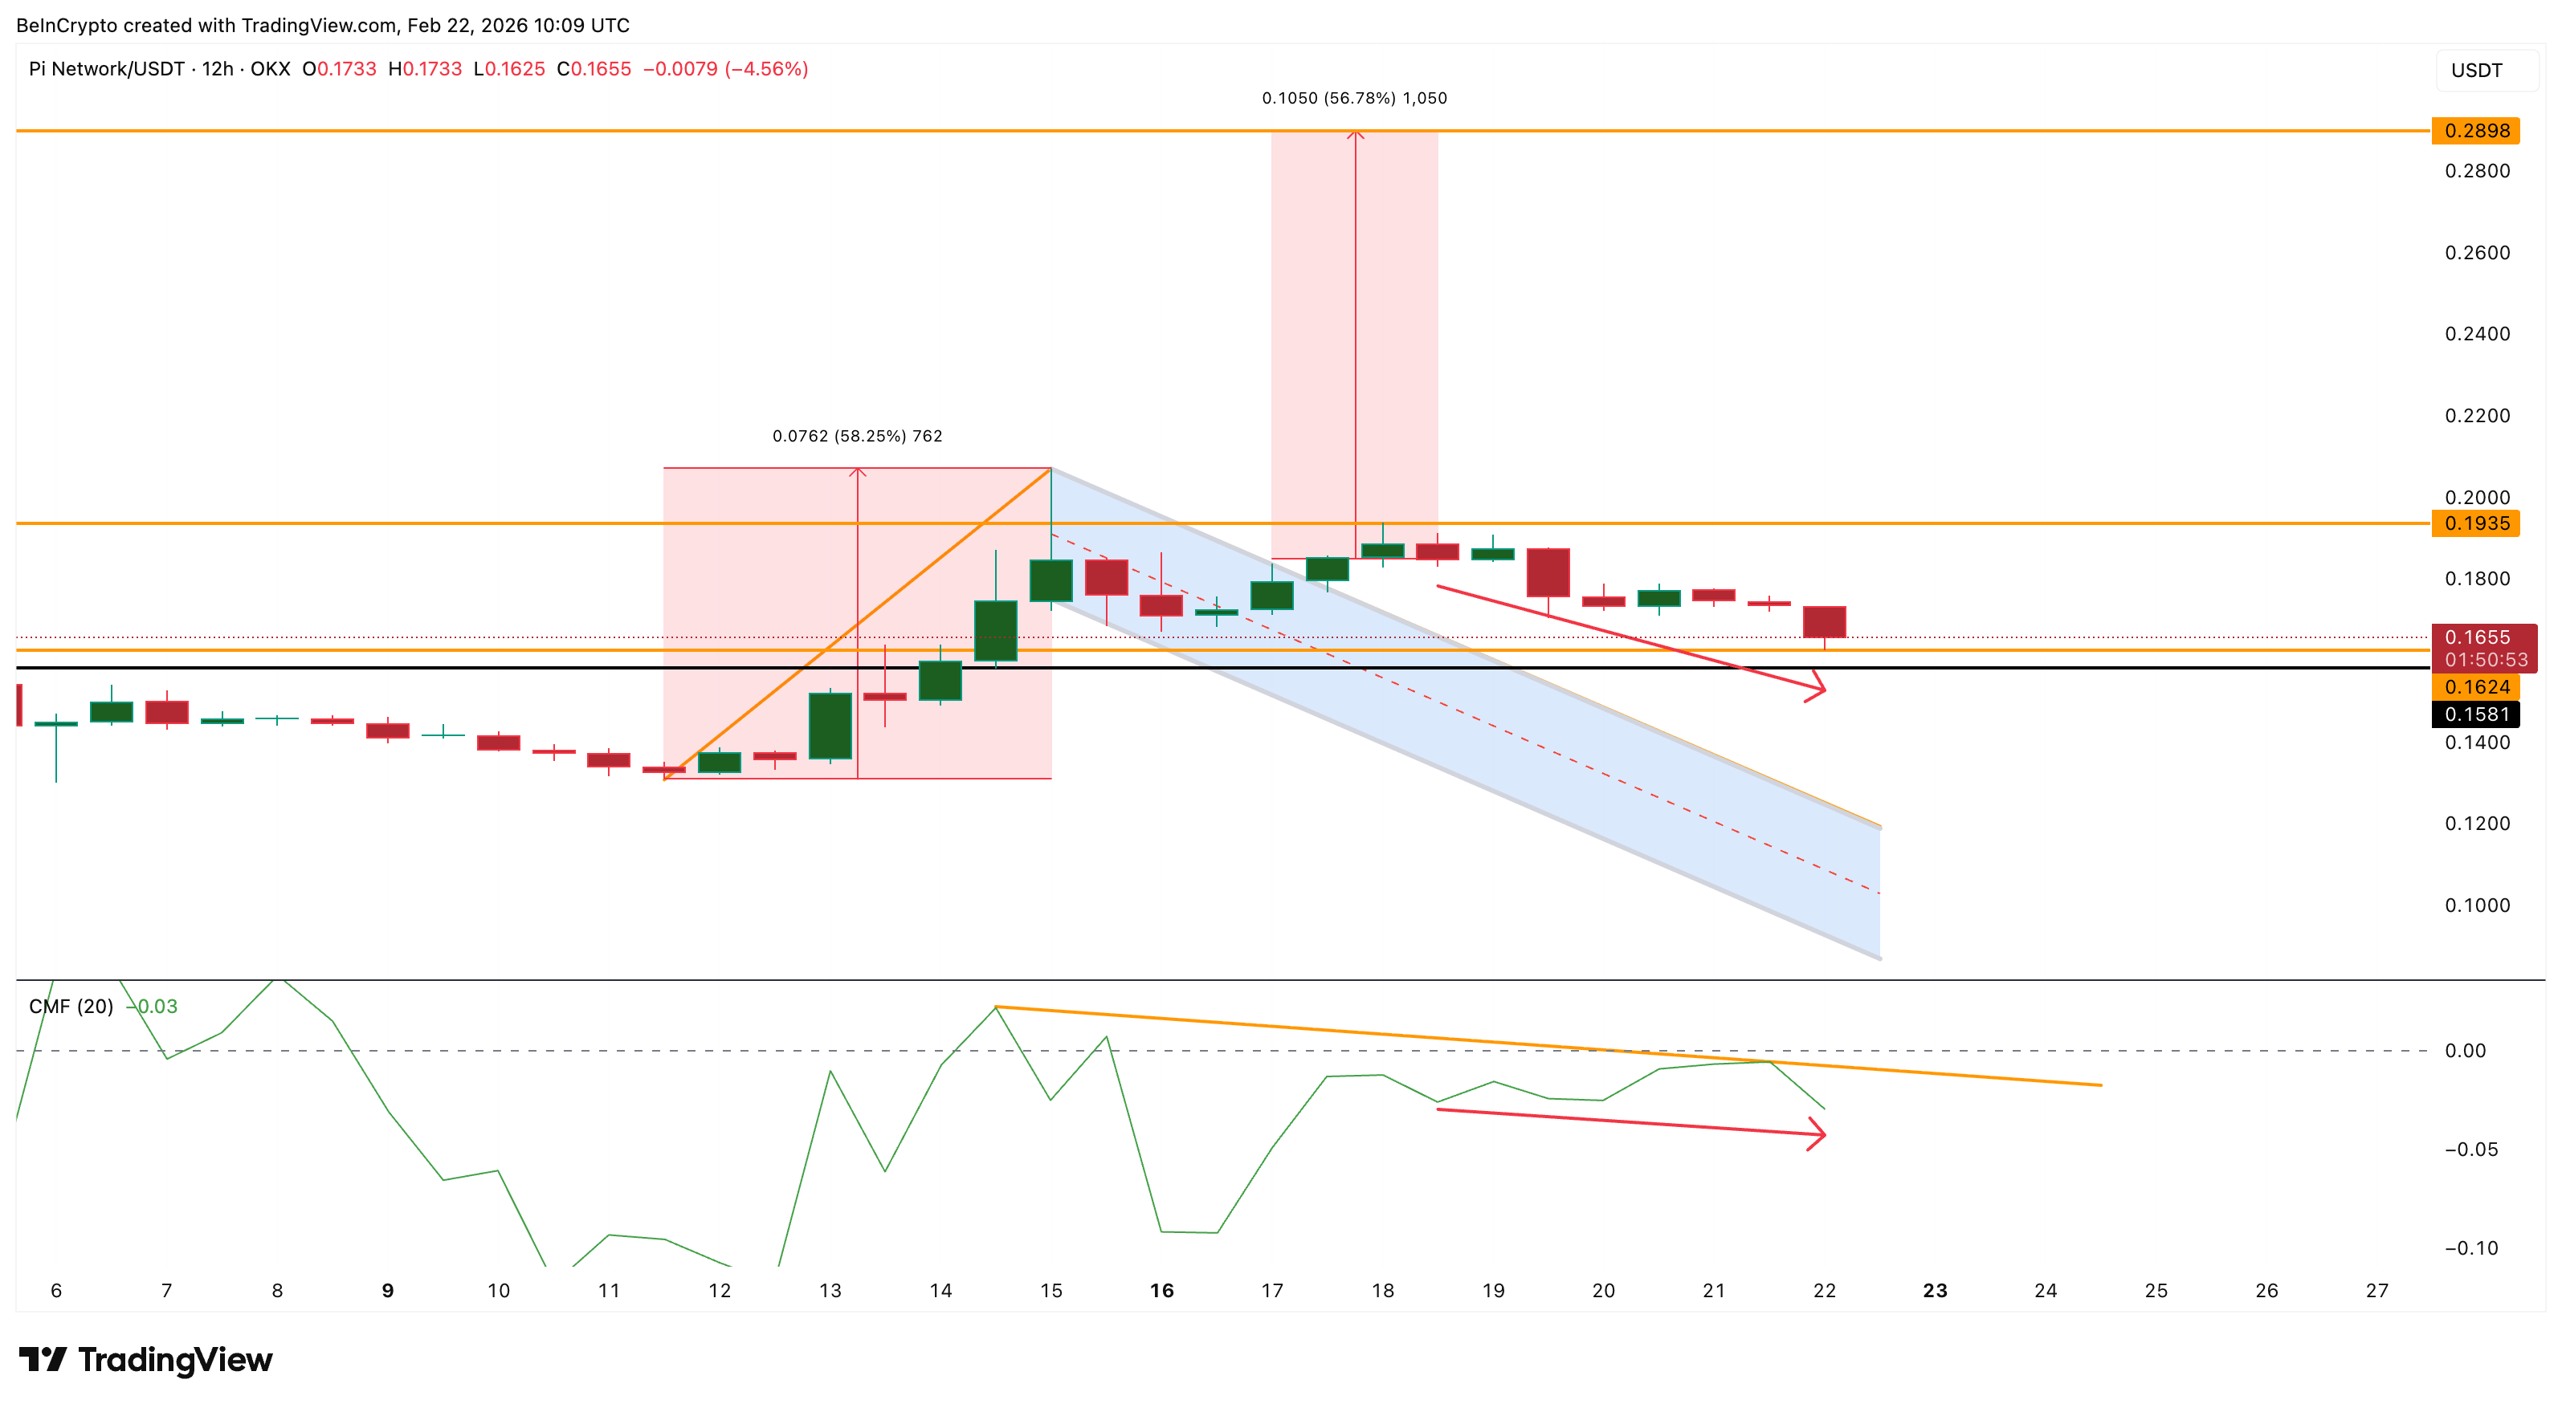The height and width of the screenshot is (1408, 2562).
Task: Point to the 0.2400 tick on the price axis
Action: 2477,334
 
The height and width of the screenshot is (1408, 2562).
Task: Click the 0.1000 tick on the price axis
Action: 2477,905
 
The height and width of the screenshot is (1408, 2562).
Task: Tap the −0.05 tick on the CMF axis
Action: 2470,1150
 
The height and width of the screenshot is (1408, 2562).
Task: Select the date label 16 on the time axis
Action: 1161,1291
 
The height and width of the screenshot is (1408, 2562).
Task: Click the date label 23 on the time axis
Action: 1935,1291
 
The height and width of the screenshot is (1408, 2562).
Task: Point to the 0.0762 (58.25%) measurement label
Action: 857,436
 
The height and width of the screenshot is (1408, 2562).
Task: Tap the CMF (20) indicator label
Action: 71,1007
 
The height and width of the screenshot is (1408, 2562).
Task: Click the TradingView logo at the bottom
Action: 145,1359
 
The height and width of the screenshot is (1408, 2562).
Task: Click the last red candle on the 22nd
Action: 1824,621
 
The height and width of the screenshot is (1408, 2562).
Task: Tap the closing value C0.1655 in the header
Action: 594,68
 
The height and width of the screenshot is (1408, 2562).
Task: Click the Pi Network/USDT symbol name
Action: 107,68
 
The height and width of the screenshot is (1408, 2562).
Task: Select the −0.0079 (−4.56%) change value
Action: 725,68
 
